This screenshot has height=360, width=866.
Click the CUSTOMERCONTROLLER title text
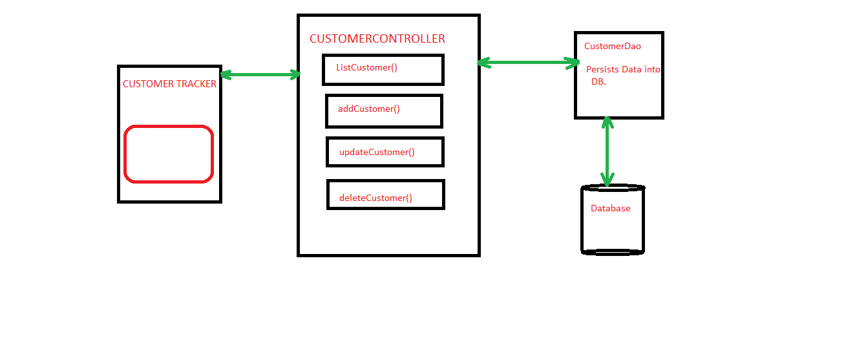pos(377,39)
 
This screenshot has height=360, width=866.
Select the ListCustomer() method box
pos(383,70)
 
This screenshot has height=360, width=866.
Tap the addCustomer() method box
pos(384,111)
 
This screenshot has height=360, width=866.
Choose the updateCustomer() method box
pos(385,152)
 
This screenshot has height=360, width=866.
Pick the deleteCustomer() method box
pos(385,195)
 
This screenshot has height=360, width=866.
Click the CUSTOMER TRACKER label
pos(169,84)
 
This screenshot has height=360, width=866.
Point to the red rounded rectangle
pos(169,154)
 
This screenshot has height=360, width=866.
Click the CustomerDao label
pos(613,47)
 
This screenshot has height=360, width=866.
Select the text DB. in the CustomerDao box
pos(598,82)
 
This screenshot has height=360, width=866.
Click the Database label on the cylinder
pos(610,209)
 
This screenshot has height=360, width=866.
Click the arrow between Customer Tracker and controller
pos(260,75)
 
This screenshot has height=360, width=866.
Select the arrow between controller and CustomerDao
pos(528,63)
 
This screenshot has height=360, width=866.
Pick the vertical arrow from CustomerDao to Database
pos(606,151)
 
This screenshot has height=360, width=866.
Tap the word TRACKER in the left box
pos(196,84)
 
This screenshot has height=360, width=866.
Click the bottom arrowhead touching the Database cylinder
pos(606,180)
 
